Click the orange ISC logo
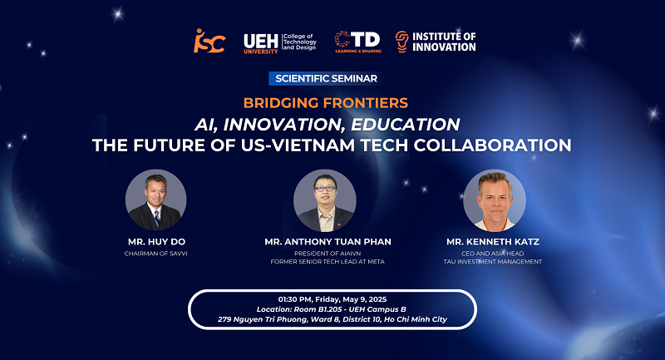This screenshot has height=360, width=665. coord(209,41)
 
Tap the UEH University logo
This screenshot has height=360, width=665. coord(280,43)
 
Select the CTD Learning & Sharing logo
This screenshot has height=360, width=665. coord(358,42)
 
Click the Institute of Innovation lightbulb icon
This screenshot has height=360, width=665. coord(401,42)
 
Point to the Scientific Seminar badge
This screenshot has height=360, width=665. coord(326,78)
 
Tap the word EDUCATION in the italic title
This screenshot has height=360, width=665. coord(406,124)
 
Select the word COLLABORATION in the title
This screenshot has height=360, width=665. coord(492,145)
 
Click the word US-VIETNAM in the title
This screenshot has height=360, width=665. coord(298,145)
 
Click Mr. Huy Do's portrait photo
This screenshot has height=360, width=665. coord(155,200)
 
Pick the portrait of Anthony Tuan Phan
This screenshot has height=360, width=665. coord(325,200)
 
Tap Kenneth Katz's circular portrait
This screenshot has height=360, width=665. coord(495,200)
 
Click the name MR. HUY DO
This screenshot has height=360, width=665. coord(156,242)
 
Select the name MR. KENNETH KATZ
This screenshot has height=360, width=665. coord(493,242)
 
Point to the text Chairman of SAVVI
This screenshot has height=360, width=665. coord(155,254)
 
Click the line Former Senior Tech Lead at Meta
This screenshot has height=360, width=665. coord(328,262)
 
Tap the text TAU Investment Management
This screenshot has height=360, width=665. coord(493,262)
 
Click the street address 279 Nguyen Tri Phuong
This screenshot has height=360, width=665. coord(263,319)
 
